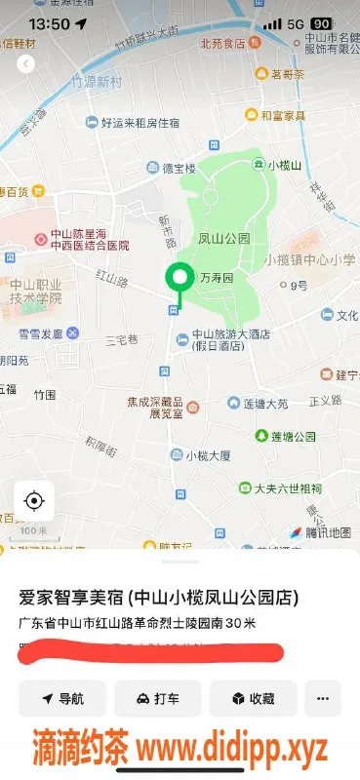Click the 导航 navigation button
[62, 698]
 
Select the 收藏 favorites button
[252, 698]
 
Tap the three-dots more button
[323, 698]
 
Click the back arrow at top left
[26, 63]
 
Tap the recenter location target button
[34, 501]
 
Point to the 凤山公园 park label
[224, 238]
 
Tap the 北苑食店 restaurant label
[222, 43]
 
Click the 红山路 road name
[112, 281]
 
